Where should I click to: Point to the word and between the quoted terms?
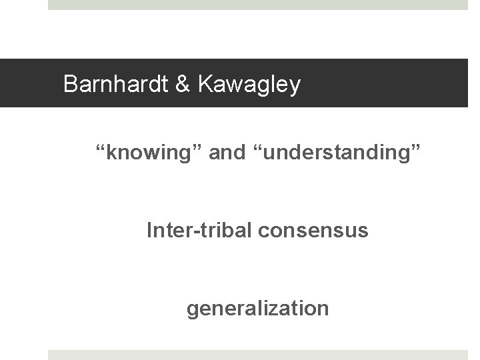pos(227,153)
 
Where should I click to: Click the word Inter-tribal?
pos(189,231)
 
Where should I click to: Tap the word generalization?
pos(257,309)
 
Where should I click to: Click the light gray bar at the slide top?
pos(258,5)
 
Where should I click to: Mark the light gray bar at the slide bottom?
pos(258,355)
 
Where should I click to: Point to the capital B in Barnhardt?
pos(69,85)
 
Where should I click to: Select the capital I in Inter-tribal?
pos(149,231)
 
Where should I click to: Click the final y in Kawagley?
pos(295,87)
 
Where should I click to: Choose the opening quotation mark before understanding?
pos(254,148)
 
